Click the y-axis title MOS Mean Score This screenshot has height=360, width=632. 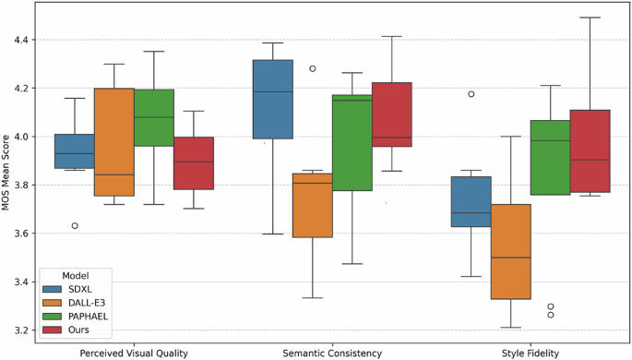(9, 173)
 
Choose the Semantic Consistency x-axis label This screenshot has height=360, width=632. (332, 352)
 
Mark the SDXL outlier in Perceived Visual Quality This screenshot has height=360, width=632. (75, 225)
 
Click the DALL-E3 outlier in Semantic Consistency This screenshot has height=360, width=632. (312, 68)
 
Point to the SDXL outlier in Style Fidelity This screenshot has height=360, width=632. (471, 94)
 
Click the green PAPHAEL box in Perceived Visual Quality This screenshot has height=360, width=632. (154, 117)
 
